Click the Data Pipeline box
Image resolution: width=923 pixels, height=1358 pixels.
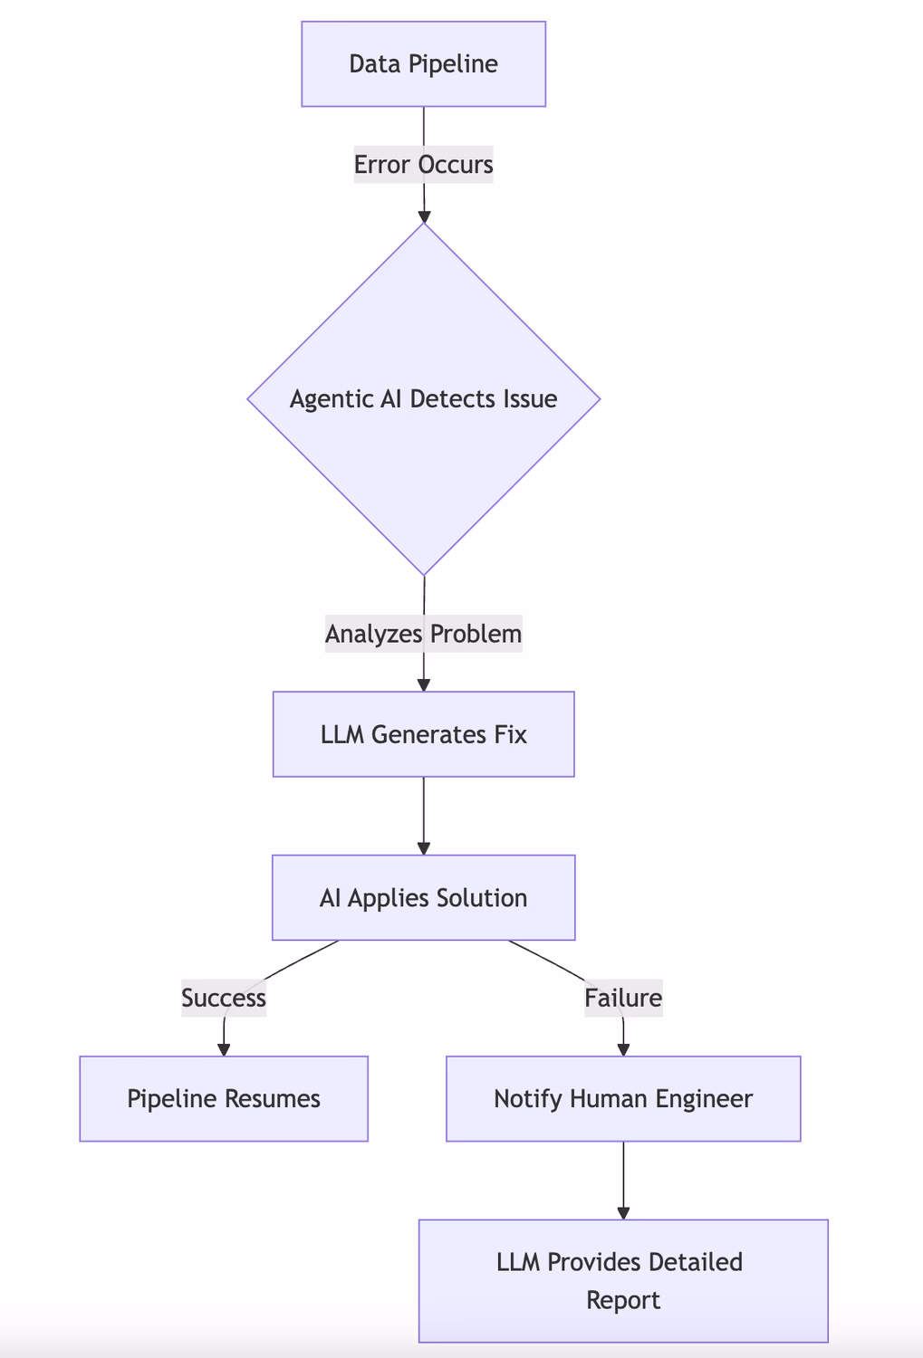click(x=423, y=64)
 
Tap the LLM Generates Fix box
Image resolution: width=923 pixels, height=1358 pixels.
click(x=423, y=734)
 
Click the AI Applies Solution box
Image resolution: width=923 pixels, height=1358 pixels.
click(x=423, y=898)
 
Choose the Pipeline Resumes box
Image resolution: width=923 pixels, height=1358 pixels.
click(x=224, y=1099)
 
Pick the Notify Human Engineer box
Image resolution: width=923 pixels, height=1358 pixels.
click(x=623, y=1099)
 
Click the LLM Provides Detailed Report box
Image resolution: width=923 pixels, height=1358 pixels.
click(x=623, y=1280)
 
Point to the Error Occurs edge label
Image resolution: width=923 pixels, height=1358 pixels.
click(x=423, y=165)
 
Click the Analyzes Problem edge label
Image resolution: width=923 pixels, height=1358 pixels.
click(x=423, y=634)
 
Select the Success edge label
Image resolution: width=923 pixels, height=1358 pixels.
click(x=224, y=998)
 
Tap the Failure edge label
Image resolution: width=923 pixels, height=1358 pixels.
click(x=623, y=998)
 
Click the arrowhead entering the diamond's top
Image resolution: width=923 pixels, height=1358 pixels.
click(x=424, y=216)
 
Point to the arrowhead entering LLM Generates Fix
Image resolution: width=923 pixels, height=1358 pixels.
click(x=424, y=685)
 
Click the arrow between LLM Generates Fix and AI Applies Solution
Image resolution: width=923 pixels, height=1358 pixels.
click(x=424, y=815)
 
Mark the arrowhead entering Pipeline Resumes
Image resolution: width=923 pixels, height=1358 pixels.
click(x=224, y=1049)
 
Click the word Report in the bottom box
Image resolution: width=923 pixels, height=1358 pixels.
click(x=623, y=1301)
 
